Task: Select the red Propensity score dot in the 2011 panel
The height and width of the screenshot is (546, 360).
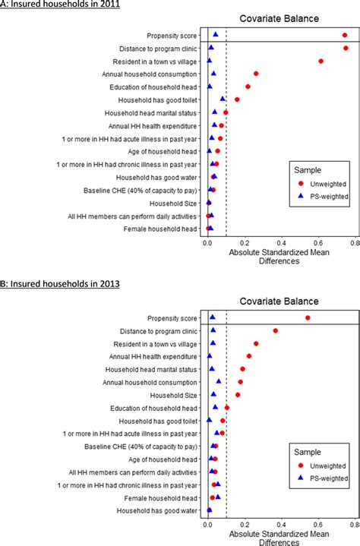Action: click(x=345, y=35)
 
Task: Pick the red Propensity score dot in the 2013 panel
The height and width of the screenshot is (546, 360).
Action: click(x=308, y=317)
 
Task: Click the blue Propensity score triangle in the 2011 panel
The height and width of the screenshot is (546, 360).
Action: click(x=216, y=34)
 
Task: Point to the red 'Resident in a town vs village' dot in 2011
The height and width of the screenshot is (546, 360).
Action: click(x=321, y=61)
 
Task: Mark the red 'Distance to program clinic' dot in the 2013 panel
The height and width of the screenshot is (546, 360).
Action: click(x=276, y=330)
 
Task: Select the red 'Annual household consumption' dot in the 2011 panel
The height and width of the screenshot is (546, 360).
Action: click(x=256, y=74)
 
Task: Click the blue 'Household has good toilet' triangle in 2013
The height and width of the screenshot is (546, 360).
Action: click(x=209, y=420)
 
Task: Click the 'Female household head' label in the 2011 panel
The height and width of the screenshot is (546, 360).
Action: click(x=160, y=228)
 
